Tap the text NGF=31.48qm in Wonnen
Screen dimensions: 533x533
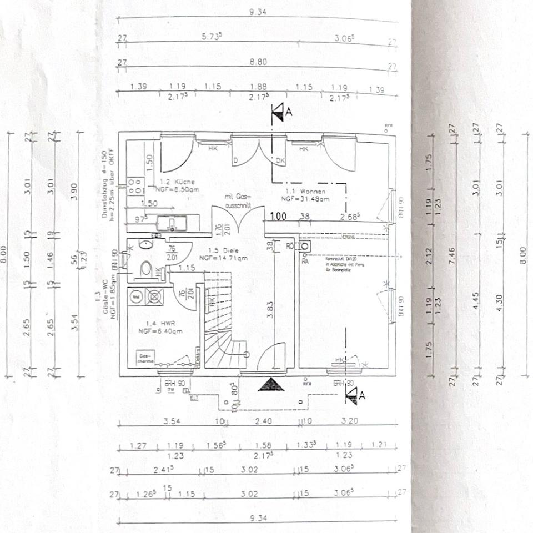[x=305, y=198]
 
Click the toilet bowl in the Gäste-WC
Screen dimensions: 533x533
[x=146, y=269]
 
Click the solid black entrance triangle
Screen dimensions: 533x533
[x=271, y=384]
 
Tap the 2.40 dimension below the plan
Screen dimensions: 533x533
[x=263, y=421]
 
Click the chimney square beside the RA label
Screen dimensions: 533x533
[x=305, y=245]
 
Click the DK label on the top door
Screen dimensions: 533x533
[x=280, y=160]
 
